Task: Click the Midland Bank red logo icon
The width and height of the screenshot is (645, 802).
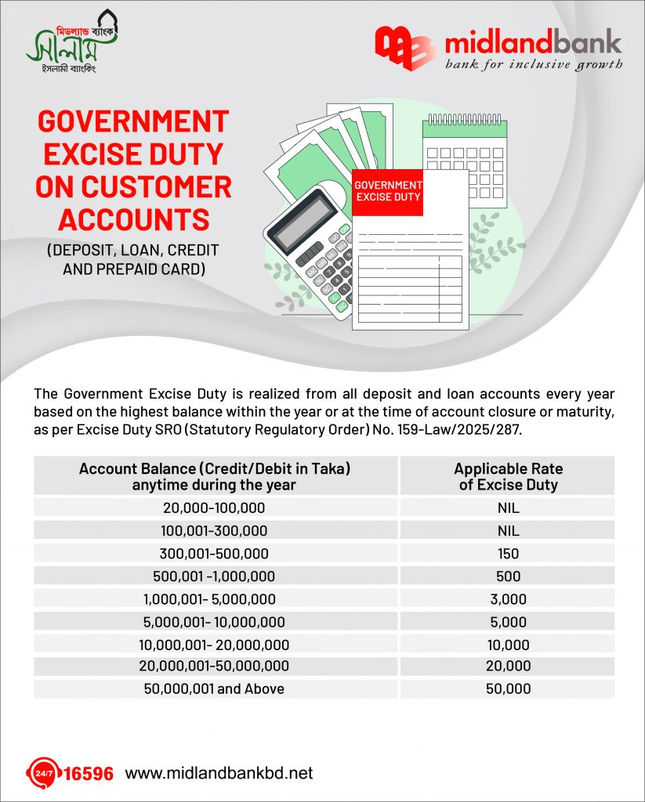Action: click(404, 49)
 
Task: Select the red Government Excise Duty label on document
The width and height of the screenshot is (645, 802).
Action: click(387, 190)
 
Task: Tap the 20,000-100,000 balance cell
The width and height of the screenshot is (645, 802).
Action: click(214, 508)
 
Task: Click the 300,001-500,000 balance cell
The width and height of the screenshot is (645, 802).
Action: click(214, 554)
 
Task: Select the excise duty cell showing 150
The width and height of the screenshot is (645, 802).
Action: click(508, 554)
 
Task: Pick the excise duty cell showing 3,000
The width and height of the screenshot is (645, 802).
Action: click(508, 599)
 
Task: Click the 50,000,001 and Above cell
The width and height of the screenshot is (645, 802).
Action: click(214, 689)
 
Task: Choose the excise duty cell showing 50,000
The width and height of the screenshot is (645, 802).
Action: click(508, 689)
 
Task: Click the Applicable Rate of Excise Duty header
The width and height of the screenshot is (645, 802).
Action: click(508, 476)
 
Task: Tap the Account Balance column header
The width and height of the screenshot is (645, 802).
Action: click(214, 476)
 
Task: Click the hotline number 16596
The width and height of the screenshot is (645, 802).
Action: click(87, 774)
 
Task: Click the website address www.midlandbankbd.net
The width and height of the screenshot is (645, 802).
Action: click(219, 773)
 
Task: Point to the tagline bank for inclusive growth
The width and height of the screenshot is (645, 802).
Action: click(534, 64)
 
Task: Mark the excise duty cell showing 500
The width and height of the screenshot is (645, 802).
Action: click(508, 576)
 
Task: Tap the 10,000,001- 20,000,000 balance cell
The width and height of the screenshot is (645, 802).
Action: click(214, 645)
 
